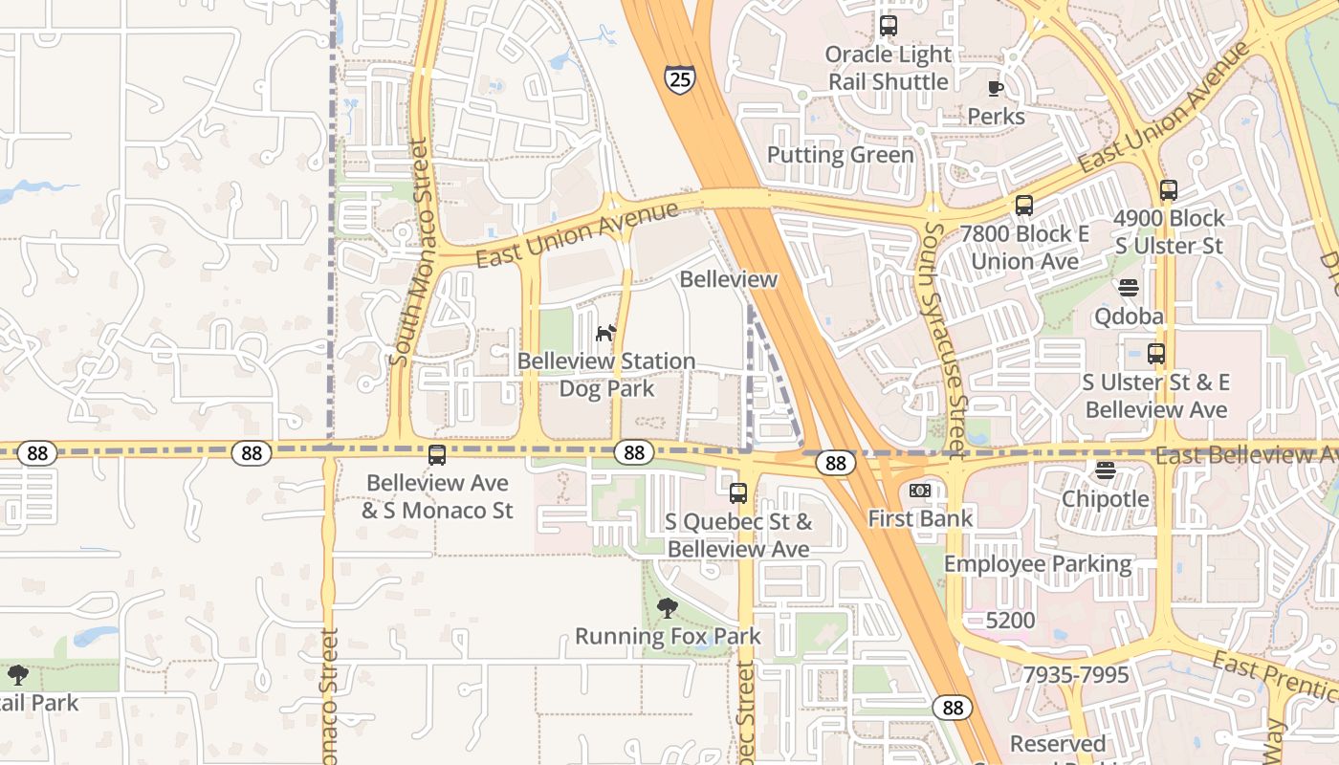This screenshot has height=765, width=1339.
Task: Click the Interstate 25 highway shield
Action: [679, 79]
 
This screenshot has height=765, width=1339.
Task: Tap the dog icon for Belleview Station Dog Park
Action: [606, 333]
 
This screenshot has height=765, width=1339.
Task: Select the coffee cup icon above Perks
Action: [996, 89]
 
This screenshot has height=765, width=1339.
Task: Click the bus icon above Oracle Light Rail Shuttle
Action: [889, 26]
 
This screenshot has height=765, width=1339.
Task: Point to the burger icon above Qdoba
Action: [1129, 288]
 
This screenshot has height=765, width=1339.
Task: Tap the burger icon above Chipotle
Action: [1106, 470]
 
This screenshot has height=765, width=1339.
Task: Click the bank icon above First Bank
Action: [919, 491]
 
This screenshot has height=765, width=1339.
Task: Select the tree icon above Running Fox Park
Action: [668, 607]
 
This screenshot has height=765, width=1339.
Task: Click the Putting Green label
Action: [840, 155]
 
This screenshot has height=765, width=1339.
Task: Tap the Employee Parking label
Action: [1038, 564]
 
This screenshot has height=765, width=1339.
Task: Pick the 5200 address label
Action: [1010, 620]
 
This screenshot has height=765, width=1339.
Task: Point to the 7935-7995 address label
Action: [1076, 675]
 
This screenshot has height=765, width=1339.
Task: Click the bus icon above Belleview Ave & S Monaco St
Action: [437, 455]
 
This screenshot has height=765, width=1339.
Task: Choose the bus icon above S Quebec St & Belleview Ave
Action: [738, 493]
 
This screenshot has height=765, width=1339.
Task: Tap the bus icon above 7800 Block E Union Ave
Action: [1024, 206]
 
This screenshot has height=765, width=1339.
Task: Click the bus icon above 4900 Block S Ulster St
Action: [1168, 190]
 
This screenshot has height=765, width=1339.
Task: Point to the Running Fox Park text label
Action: [668, 636]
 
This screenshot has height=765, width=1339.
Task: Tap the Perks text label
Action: [996, 117]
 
